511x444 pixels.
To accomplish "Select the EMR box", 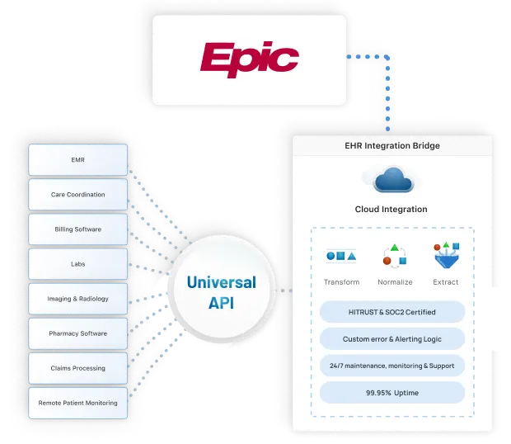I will [78, 160].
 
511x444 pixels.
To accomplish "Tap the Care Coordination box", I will [78, 195].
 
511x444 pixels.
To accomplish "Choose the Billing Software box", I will [78, 229].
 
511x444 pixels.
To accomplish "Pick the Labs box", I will [78, 264].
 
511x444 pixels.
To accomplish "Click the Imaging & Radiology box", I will [78, 299].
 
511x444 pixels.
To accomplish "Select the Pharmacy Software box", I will [78, 333].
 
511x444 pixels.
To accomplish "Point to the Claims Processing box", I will [78, 368].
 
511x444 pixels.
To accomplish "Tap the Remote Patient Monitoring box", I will [78, 403].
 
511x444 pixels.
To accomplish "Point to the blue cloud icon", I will [391, 180].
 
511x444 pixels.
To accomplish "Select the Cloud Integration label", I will [391, 210].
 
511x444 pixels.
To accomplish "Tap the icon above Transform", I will [341, 257].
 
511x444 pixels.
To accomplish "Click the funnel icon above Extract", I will [445, 256].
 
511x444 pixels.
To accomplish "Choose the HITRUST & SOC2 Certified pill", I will [391, 313].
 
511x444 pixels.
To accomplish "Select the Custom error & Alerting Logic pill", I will [391, 339].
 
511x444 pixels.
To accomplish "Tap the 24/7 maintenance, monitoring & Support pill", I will [391, 366].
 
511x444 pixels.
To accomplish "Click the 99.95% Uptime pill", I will [391, 392].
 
